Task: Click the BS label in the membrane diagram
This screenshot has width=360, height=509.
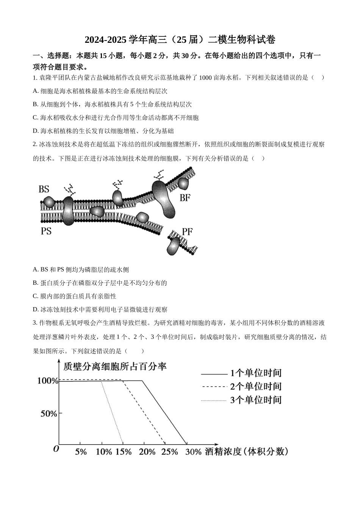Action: pos(44,189)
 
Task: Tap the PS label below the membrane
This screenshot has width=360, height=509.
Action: pos(46,231)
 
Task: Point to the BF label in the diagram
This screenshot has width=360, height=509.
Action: pos(185,197)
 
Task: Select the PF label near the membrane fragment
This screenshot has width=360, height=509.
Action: pos(187,231)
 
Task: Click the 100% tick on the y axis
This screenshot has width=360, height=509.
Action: pos(48,381)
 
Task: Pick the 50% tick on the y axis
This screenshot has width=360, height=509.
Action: pos(49,414)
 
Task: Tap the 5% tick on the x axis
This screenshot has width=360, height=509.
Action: pos(81,452)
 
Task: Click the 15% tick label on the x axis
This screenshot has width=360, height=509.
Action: pos(124,452)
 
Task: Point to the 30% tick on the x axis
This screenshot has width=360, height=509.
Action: pos(193,452)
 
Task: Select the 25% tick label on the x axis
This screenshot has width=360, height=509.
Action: pos(169,452)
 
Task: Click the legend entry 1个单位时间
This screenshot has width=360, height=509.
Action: pos(256,373)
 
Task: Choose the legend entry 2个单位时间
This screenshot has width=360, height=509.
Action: pos(256,387)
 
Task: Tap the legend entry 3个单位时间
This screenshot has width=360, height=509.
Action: pos(256,400)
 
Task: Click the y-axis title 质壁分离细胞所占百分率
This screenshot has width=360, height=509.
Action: pos(115,367)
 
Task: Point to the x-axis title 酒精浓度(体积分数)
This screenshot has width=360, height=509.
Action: pos(247,452)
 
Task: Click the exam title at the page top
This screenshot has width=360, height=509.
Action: pos(180,40)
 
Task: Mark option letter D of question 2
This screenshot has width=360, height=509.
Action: pos(36,310)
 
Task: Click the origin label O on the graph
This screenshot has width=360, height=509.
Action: pos(56,449)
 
